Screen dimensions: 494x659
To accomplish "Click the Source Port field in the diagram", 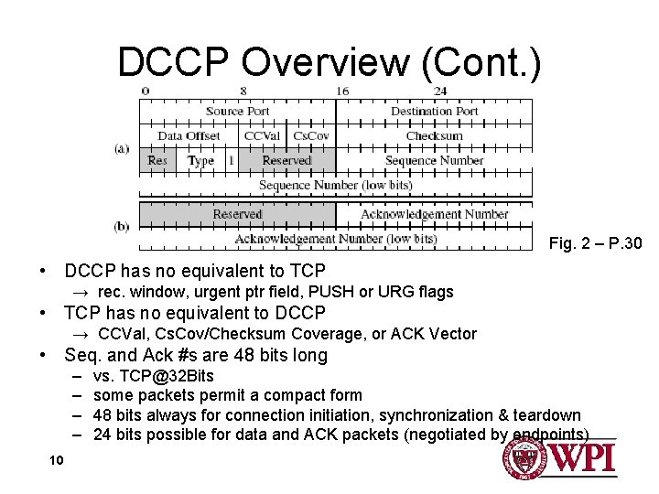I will [237, 112].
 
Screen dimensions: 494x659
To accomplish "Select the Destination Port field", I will [434, 112].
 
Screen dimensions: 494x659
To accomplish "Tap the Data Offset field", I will [189, 136].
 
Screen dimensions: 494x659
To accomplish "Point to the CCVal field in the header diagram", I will [262, 136].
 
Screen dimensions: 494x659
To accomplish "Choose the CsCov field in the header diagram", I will [311, 136].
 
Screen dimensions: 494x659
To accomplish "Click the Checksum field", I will [434, 136].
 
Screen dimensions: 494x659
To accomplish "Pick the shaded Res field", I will [157, 161].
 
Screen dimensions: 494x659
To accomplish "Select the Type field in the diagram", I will [200, 161].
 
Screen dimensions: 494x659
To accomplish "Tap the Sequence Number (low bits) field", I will [335, 185].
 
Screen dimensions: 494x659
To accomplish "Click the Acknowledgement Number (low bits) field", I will [335, 239].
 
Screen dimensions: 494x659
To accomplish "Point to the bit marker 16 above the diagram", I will [341, 91].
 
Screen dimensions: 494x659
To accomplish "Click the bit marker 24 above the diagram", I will [440, 91].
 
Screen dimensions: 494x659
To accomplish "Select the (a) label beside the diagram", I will [122, 148].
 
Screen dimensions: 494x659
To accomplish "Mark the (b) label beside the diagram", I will [122, 226].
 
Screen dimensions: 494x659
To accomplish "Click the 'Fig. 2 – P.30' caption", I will [595, 243].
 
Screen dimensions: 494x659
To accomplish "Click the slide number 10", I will [56, 459].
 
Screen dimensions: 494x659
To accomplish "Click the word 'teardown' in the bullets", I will [547, 414].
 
